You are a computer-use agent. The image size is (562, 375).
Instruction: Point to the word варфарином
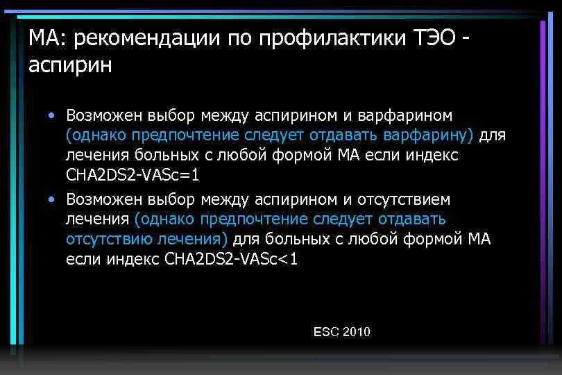(x=414, y=114)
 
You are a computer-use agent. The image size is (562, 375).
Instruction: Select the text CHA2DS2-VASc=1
(x=133, y=174)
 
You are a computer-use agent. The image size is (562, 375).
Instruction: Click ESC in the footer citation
(x=325, y=332)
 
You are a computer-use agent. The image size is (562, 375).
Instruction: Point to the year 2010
(x=357, y=332)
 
